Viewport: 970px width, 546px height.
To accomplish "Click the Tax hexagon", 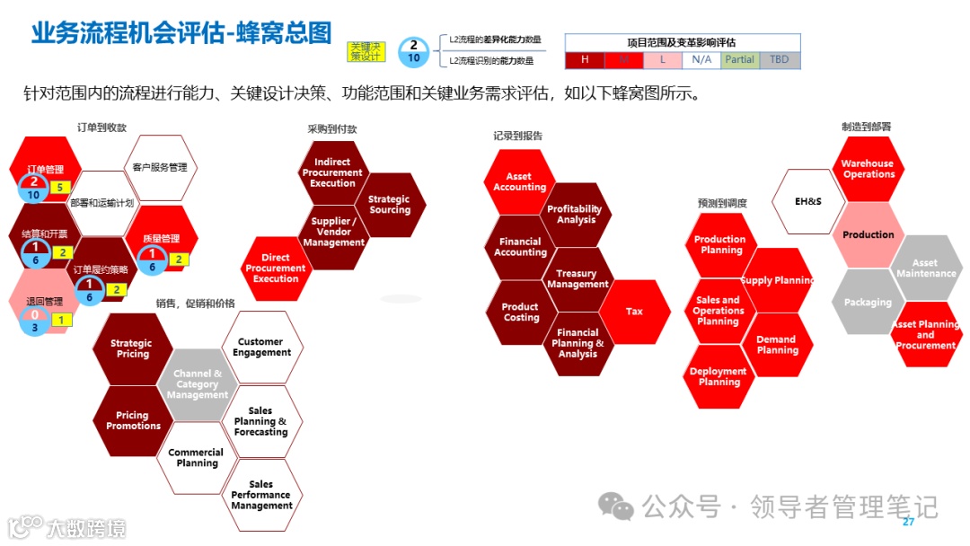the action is point(634,312).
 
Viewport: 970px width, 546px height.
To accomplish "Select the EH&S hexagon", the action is point(807,201).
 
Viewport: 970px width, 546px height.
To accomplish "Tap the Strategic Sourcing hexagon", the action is point(389,205).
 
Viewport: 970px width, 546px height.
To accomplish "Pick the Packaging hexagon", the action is point(868,303).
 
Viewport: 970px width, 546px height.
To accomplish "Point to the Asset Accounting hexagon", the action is point(519,182).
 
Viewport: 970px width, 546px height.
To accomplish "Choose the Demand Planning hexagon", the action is point(776,345).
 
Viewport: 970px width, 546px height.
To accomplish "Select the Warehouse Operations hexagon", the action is point(868,169).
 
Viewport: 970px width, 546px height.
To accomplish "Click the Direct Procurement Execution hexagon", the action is point(276,268).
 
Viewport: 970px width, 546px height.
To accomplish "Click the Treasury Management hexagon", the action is point(578,279).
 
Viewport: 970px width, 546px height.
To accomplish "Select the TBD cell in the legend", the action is point(779,60).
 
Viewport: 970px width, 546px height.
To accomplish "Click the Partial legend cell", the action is point(740,60).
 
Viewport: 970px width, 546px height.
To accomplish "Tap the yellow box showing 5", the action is point(59,188).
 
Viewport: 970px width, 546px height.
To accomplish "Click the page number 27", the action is point(908,523).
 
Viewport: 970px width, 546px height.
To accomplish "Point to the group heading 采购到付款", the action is point(331,129).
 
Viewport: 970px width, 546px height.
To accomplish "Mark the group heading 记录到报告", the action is point(517,136).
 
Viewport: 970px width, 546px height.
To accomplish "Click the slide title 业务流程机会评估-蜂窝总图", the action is point(181,33).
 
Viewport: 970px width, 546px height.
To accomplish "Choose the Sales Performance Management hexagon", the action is point(261,495).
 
